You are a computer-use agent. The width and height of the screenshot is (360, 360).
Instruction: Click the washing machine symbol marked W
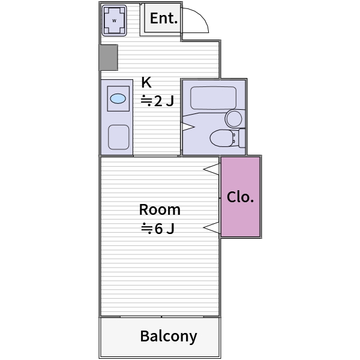pyautogui.click(x=114, y=20)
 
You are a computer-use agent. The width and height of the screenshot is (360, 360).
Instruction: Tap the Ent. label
pyautogui.click(x=164, y=18)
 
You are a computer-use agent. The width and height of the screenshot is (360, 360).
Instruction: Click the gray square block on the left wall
pyautogui.click(x=109, y=58)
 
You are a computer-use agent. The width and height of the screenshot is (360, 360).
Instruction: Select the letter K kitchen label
pyautogui.click(x=146, y=82)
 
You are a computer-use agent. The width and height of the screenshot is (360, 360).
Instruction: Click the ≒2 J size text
pyautogui.click(x=157, y=101)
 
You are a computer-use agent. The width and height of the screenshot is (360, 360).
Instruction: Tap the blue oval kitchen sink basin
pyautogui.click(x=118, y=99)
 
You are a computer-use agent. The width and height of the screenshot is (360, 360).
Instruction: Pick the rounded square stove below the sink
pyautogui.click(x=118, y=137)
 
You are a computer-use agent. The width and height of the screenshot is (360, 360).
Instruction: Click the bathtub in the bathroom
pyautogui.click(x=213, y=98)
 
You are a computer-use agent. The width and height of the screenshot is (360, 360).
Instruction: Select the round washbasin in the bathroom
pyautogui.click(x=234, y=119)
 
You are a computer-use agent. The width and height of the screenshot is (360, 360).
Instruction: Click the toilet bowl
pyautogui.click(x=221, y=138)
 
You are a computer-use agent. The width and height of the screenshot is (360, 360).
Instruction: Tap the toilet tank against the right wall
pyautogui.click(x=242, y=138)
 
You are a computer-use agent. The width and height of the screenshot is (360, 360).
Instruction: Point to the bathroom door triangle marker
pyautogui.click(x=188, y=127)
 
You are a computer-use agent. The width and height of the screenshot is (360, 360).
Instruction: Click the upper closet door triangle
pyautogui.click(x=211, y=169)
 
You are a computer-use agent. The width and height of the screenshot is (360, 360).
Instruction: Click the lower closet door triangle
pyautogui.click(x=211, y=228)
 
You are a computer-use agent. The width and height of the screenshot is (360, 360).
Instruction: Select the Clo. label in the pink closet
pyautogui.click(x=240, y=197)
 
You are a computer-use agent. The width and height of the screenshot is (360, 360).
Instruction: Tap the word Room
pyautogui.click(x=160, y=209)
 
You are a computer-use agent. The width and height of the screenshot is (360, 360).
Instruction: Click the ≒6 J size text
pyautogui.click(x=158, y=228)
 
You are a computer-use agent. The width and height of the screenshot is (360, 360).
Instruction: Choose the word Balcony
pyautogui.click(x=169, y=337)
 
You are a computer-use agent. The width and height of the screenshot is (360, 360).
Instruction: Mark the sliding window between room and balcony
pyautogui.click(x=162, y=317)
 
